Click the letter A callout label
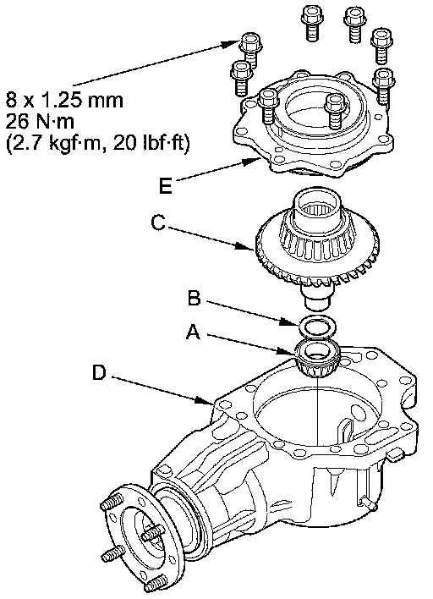click(193, 332)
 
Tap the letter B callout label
click(195, 298)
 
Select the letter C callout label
click(158, 223)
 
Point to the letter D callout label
click(99, 372)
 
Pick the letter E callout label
click(166, 186)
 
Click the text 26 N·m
click(40, 122)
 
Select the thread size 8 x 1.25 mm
click(64, 101)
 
